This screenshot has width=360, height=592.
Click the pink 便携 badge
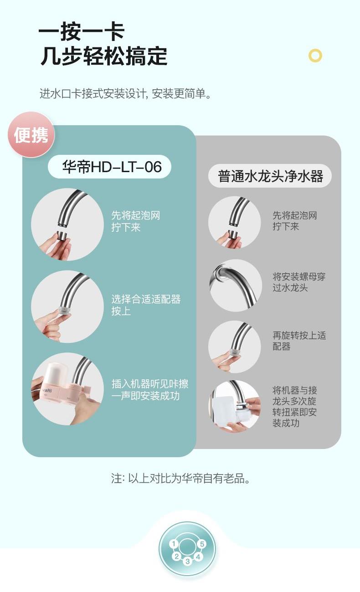(x=31, y=134)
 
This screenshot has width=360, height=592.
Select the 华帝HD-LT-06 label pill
(x=109, y=167)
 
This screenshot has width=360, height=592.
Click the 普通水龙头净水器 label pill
(x=270, y=176)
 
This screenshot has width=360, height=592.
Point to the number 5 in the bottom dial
(x=202, y=544)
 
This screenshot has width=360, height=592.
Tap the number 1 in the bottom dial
(x=174, y=544)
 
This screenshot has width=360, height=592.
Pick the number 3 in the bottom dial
(x=188, y=561)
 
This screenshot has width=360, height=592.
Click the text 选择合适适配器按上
(x=146, y=305)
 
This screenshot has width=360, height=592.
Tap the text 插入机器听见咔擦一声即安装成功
(x=150, y=389)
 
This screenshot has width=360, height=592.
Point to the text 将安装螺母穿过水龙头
(x=299, y=282)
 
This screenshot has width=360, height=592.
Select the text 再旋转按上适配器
(x=299, y=341)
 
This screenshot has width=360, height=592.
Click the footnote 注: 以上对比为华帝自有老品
(x=180, y=478)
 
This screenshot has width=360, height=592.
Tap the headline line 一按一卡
(x=82, y=32)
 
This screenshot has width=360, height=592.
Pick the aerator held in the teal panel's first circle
(x=64, y=235)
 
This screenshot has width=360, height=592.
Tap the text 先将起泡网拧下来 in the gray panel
(x=295, y=221)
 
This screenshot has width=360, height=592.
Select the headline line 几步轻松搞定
(x=104, y=56)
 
